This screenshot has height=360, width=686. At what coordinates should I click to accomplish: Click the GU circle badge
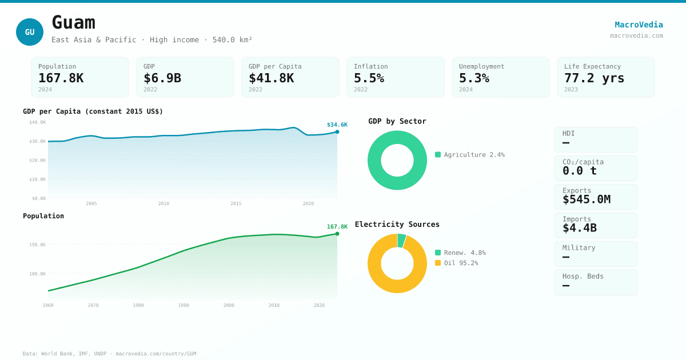coord(30,32)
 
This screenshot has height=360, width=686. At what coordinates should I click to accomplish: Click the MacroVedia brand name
coord(639,25)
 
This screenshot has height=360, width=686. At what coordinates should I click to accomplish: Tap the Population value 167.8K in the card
coord(61,78)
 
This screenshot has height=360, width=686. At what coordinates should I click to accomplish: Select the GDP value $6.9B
coord(162,78)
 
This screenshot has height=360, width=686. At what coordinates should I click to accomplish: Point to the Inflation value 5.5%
coord(369,78)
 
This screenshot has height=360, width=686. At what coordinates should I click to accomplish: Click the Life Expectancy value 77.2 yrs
coord(594,78)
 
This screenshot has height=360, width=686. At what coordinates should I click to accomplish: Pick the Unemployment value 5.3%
coord(474,78)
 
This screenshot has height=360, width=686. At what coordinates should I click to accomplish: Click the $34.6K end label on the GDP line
coord(337,125)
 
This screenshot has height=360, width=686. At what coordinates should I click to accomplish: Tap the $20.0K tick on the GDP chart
coord(38,161)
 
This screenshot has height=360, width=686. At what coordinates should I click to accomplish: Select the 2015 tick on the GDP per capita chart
coord(236,203)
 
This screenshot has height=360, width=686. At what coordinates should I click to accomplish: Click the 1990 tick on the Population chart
coord(184,305)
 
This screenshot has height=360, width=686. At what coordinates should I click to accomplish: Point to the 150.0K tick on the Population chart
coord(38,245)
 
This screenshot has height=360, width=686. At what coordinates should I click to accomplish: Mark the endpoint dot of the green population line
coord(337,234)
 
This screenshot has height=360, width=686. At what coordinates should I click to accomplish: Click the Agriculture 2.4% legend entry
coord(470,155)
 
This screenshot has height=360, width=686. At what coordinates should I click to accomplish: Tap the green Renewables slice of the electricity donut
coord(401,241)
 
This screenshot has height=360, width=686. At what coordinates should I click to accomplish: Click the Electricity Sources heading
coord(397,225)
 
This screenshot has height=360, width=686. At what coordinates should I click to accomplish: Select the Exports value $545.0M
coord(586,199)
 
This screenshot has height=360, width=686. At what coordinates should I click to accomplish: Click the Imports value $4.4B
coord(579,228)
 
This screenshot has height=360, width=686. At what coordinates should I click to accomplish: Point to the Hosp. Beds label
coord(583,277)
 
